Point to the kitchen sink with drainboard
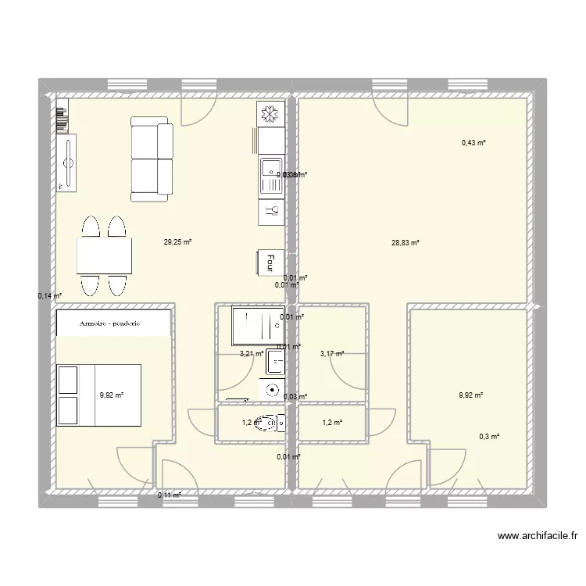[x=270, y=176]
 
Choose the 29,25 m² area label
[x=177, y=242]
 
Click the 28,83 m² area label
[x=406, y=243]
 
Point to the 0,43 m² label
[x=473, y=143]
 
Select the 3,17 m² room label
[x=331, y=354]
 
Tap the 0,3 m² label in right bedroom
[x=490, y=438]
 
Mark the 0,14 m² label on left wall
[x=48, y=295]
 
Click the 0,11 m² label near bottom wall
[x=169, y=495]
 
